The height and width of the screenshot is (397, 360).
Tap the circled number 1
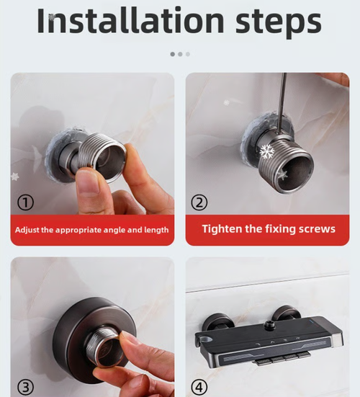26,203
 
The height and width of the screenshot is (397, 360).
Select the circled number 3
26,388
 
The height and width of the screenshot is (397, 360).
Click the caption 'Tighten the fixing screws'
268,229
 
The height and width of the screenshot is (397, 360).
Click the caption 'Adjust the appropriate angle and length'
92,230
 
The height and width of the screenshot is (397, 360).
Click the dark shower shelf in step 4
274,340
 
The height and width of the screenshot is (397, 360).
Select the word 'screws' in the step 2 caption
315,229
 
